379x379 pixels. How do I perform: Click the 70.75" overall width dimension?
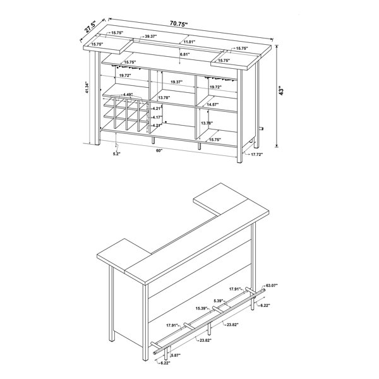tap(179, 24)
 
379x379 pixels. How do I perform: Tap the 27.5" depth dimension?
tap(90, 27)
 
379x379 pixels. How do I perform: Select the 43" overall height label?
tap(281, 90)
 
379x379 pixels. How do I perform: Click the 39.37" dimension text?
tap(151, 37)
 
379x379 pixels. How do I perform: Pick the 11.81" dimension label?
tap(189, 42)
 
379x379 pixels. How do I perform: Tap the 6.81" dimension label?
tap(184, 54)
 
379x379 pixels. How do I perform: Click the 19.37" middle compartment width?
tap(176, 82)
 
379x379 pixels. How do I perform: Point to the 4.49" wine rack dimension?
tap(128, 95)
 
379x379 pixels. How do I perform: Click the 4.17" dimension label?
tap(157, 117)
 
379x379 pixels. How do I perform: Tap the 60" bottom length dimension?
tap(159, 150)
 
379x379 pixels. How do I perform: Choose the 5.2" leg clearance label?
tap(116, 153)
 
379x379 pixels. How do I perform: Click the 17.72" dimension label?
tap(256, 154)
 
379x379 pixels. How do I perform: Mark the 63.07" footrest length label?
tap(272, 286)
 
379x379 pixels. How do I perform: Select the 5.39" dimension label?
tap(219, 301)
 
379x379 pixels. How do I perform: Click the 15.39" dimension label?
tap(202, 308)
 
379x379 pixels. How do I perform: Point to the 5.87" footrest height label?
tap(176, 355)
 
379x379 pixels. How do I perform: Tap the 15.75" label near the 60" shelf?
tap(215, 140)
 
